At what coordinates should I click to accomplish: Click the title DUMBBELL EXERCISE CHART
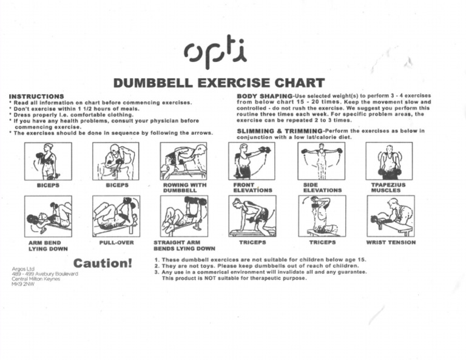click(x=219, y=83)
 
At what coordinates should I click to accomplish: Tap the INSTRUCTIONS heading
click(x=36, y=97)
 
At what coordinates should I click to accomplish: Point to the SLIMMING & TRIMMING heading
click(x=279, y=131)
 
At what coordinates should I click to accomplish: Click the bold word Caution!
click(x=103, y=263)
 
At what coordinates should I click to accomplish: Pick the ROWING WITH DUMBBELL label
click(x=184, y=188)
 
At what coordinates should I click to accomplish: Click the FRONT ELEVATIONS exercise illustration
click(x=251, y=161)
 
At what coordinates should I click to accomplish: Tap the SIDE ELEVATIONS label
click(x=322, y=188)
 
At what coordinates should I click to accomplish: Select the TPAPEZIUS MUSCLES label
click(x=388, y=188)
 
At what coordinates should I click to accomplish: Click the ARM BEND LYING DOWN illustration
click(x=49, y=216)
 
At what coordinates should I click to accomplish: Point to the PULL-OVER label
click(x=116, y=242)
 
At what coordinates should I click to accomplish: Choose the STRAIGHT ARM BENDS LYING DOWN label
click(x=184, y=245)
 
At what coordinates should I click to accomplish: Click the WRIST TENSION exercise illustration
click(x=391, y=216)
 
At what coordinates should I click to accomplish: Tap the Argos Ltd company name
click(x=24, y=268)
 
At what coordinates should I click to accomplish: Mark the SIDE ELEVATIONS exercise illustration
click(x=322, y=161)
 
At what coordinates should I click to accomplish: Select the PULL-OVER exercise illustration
click(x=116, y=216)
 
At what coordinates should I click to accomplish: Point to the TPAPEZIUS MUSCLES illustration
click(x=389, y=161)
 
